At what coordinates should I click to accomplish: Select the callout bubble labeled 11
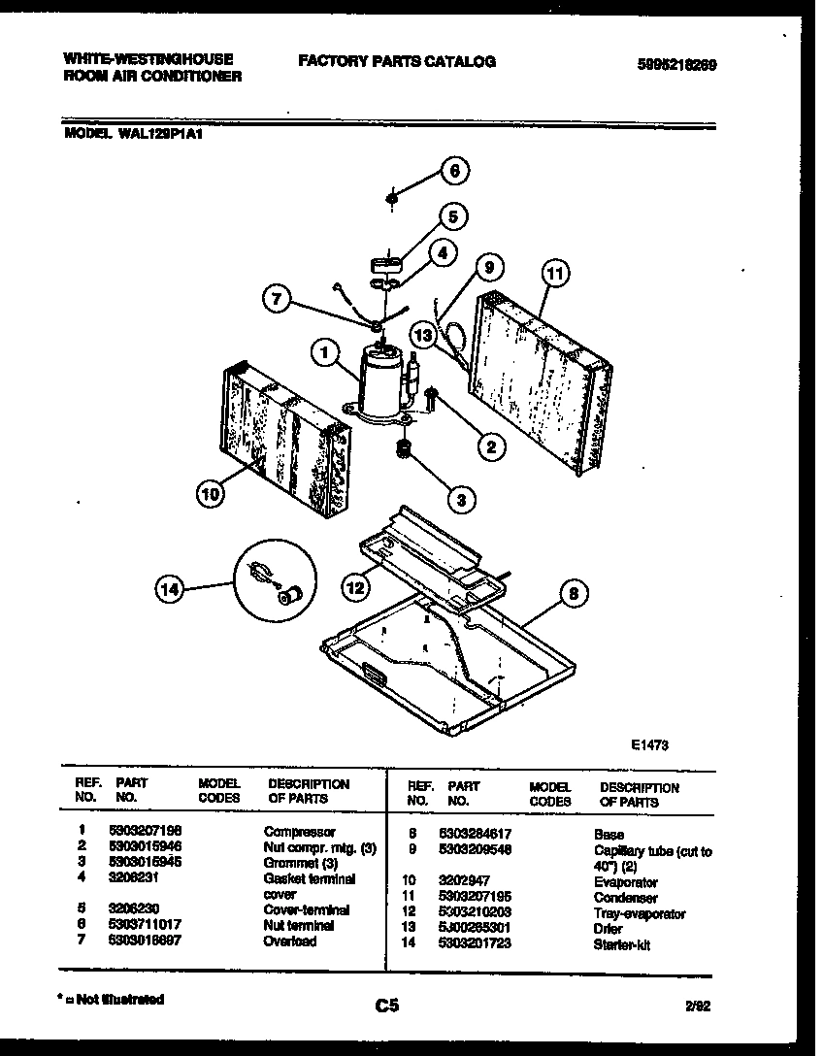click(552, 275)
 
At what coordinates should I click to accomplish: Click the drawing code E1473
click(649, 745)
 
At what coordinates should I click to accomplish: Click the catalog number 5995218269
click(677, 65)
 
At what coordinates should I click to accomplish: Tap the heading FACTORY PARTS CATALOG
click(396, 61)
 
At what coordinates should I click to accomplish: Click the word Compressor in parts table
click(299, 832)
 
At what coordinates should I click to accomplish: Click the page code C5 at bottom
click(387, 1006)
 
